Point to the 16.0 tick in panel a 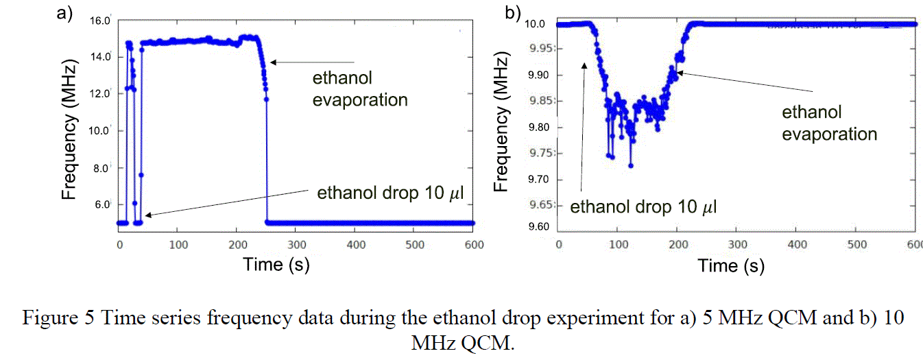coord(100,21)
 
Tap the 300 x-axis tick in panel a coord(296,243)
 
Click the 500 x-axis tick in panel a coord(413,243)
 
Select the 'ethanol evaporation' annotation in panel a coord(360,89)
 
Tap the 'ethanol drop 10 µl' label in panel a coord(390,194)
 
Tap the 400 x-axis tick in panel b coord(796,244)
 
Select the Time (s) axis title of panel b coord(731,265)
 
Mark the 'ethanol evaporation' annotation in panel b coord(830,123)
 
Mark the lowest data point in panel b coord(631,166)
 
